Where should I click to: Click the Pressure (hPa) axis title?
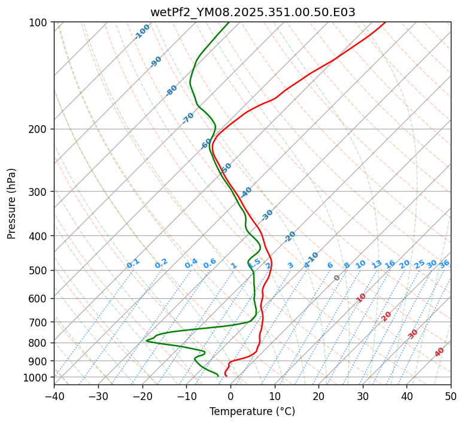click(x=11, y=203)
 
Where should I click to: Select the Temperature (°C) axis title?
click(x=252, y=412)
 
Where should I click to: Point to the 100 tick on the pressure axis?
click(x=41, y=23)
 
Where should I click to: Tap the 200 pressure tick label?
click(x=41, y=129)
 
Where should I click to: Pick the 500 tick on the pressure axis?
click(x=41, y=270)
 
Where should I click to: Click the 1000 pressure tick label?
click(x=39, y=377)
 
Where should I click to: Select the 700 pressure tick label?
click(x=41, y=322)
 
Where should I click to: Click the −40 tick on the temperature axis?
click(x=54, y=396)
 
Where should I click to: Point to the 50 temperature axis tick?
click(x=451, y=396)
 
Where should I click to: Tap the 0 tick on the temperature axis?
click(x=231, y=396)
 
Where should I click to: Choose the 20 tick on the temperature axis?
click(x=319, y=396)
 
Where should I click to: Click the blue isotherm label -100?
click(x=142, y=31)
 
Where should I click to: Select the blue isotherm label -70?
click(x=189, y=118)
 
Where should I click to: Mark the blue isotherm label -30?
click(x=267, y=214)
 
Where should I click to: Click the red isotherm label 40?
click(x=439, y=352)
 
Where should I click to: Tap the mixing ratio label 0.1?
click(x=133, y=263)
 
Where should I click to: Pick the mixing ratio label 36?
click(x=444, y=264)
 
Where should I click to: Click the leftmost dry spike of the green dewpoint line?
click(x=147, y=341)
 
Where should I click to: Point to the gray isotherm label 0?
click(x=337, y=278)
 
